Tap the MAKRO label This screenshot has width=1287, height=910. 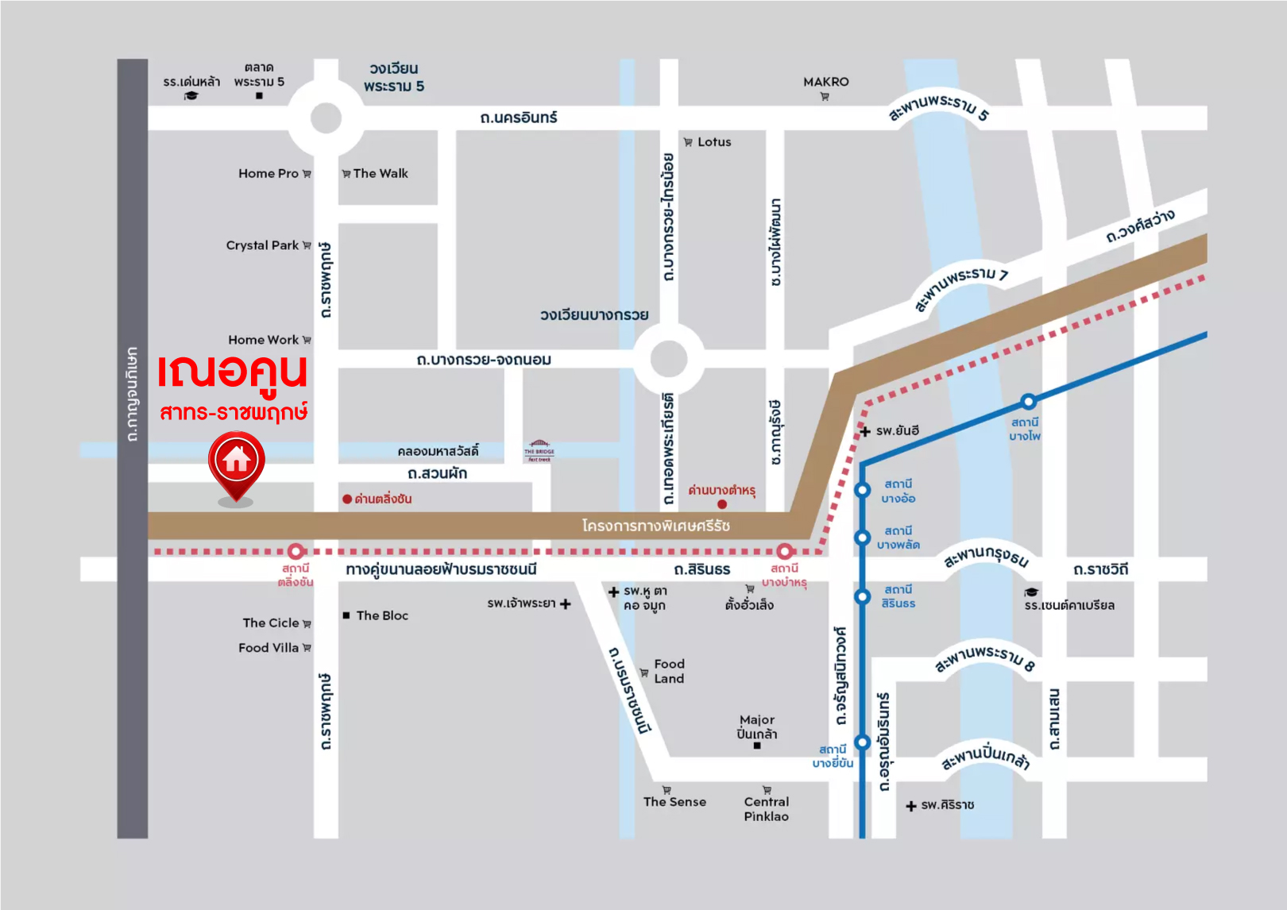[x=825, y=82]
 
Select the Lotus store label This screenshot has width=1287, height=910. [x=713, y=142]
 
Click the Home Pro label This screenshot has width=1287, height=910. [x=269, y=173]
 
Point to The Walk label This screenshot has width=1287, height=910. [x=380, y=173]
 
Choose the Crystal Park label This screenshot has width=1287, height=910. [x=262, y=245]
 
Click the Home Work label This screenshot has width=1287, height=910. [x=263, y=340]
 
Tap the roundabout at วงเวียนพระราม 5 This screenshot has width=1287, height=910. [x=326, y=119]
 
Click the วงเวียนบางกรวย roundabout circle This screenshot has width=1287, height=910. [x=669, y=359]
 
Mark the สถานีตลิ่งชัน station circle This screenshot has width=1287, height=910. [x=296, y=551]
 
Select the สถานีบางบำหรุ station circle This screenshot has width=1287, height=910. [x=785, y=551]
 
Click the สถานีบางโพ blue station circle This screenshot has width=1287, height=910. [x=1028, y=401]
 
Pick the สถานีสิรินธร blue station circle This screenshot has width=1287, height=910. [x=863, y=596]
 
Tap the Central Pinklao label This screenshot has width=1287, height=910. [x=766, y=808]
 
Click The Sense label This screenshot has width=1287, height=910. [x=674, y=802]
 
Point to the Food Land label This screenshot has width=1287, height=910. [x=669, y=671]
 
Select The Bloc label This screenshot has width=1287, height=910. [x=381, y=615]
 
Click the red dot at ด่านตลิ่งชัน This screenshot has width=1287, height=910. [x=347, y=499]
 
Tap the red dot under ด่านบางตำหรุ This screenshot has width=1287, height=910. [x=722, y=504]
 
